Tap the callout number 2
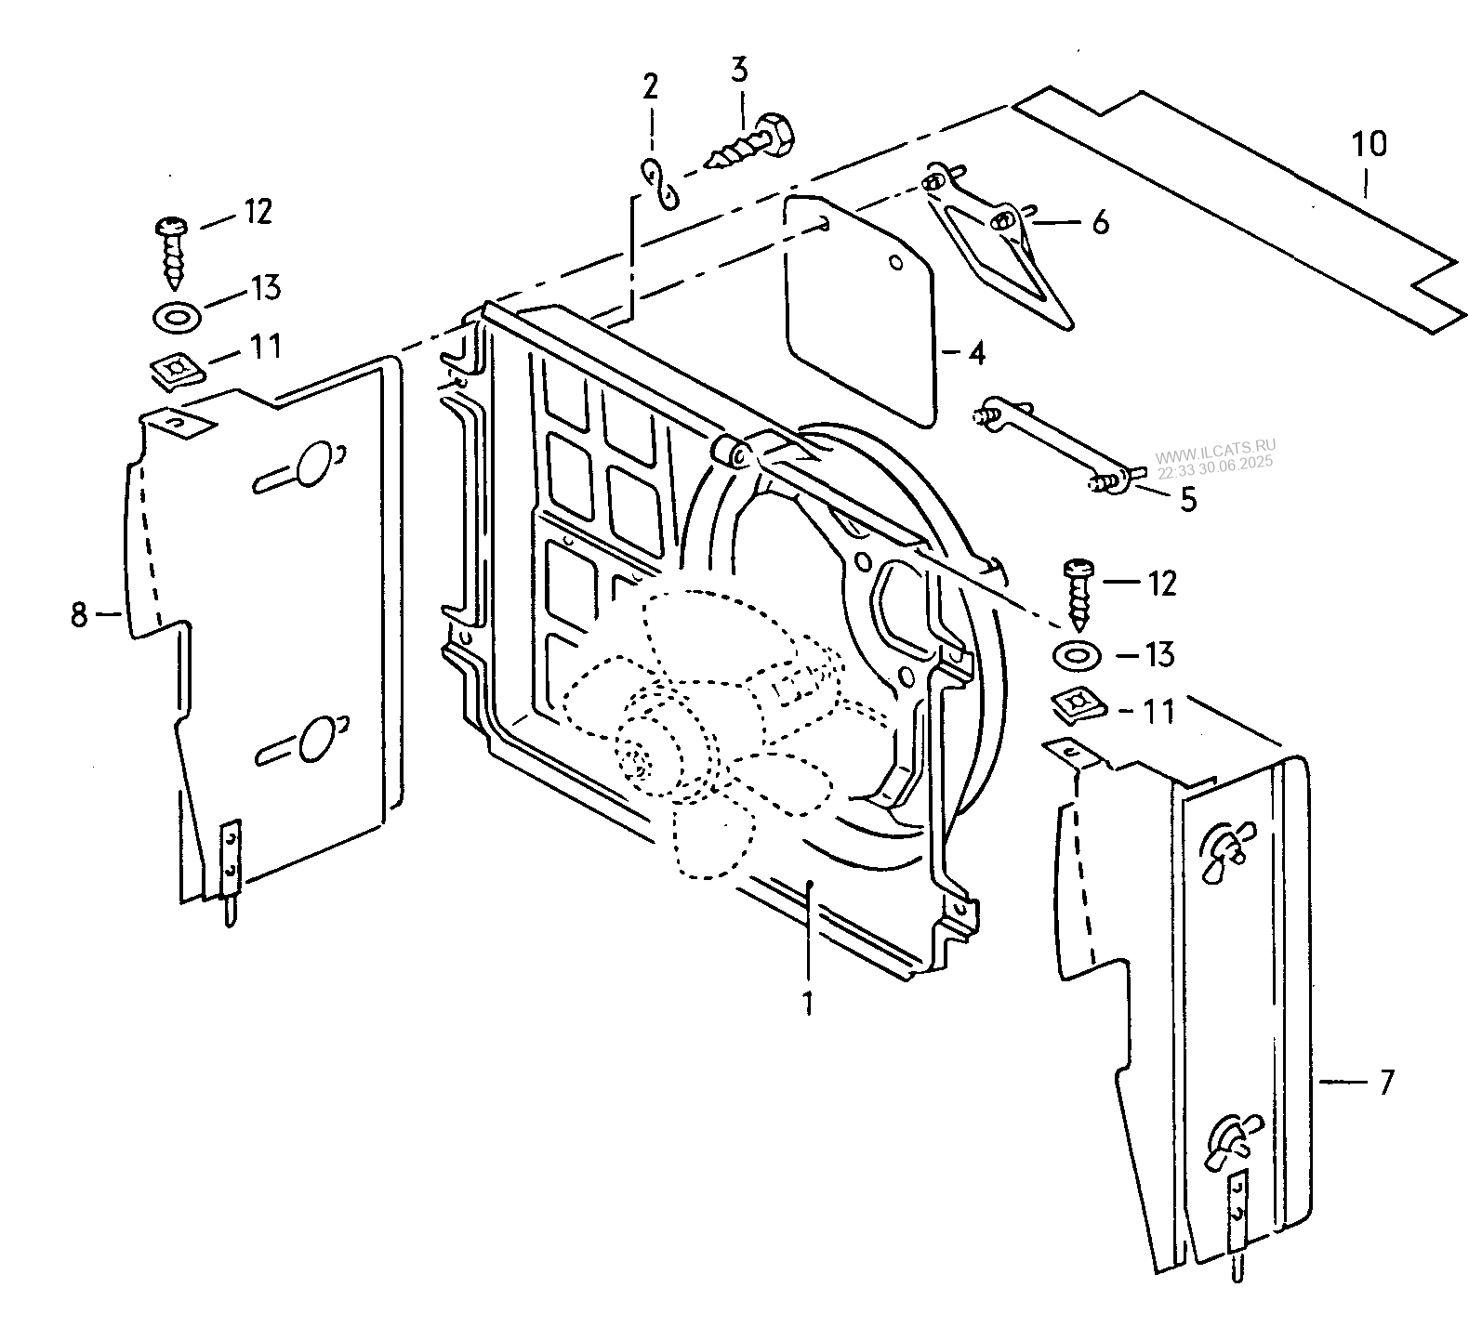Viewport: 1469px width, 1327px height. point(650,87)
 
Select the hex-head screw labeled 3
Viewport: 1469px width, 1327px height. point(754,143)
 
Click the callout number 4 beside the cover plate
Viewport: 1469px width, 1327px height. point(974,352)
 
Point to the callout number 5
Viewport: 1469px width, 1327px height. point(1188,499)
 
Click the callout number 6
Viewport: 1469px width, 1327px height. point(1100,222)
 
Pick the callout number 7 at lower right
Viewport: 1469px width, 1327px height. point(1385,1082)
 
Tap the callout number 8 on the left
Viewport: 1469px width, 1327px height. point(79,613)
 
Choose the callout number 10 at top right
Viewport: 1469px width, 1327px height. point(1369,144)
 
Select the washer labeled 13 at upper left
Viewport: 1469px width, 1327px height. point(174,318)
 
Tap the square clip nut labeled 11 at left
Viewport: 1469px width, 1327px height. point(176,372)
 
